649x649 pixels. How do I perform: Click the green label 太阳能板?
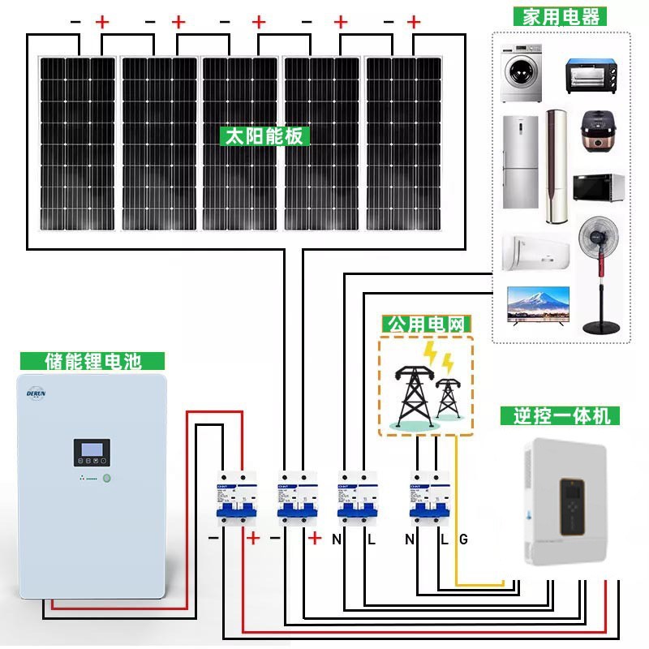(265, 135)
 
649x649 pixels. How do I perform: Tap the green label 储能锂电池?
(92, 362)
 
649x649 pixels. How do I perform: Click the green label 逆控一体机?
(561, 416)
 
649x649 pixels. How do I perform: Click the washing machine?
(520, 72)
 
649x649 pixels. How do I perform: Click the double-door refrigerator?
(520, 161)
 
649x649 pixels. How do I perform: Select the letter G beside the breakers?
(463, 539)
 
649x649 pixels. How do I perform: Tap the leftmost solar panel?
(78, 143)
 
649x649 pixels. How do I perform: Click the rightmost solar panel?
(403, 143)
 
